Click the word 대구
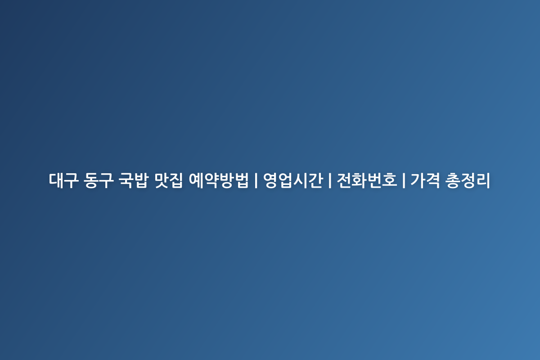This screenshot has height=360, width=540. pos(63,180)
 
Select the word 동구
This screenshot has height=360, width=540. pos(99,180)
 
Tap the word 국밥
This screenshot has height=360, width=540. pos(133,180)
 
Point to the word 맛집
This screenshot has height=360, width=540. pos(168,180)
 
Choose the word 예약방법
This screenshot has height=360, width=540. pos(218,180)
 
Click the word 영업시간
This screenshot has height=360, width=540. pos(293,180)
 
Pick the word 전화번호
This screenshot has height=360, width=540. pos(367,180)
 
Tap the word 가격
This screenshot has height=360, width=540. pos(425,180)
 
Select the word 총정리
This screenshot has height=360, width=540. pos(468,180)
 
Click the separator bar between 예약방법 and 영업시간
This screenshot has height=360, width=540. pos(256,180)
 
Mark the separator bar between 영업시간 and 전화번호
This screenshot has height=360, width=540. pos(330,180)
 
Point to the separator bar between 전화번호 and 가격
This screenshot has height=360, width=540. pos(404,180)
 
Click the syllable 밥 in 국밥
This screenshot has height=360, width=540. pos(140,180)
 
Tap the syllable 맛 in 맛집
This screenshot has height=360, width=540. pos(161,180)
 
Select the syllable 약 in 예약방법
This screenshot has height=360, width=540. pos(211,180)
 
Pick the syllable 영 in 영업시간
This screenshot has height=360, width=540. pos(270,180)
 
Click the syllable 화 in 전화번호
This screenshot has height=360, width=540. pos(359,180)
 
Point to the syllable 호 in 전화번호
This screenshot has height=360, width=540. pos(389,180)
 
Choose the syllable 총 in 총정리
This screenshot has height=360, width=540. pos(452,180)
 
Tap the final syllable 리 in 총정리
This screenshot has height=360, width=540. pos(483,180)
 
